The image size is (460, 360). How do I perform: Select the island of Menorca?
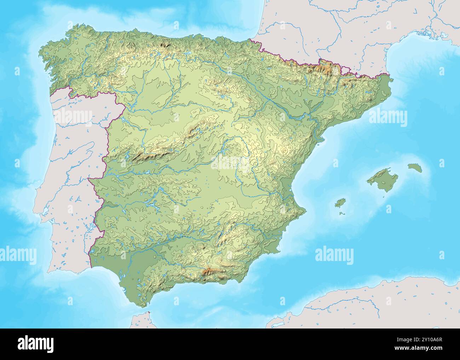[x=415, y=167]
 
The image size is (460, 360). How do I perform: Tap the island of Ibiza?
[x=340, y=203]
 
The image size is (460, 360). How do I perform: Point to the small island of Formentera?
[x=342, y=213]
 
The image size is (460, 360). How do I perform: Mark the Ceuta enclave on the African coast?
[x=149, y=313]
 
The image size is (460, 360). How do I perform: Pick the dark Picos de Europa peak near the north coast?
[x=165, y=45]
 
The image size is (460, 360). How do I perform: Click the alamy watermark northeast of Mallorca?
[x=388, y=118]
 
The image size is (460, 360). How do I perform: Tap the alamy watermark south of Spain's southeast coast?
[x=334, y=255]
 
